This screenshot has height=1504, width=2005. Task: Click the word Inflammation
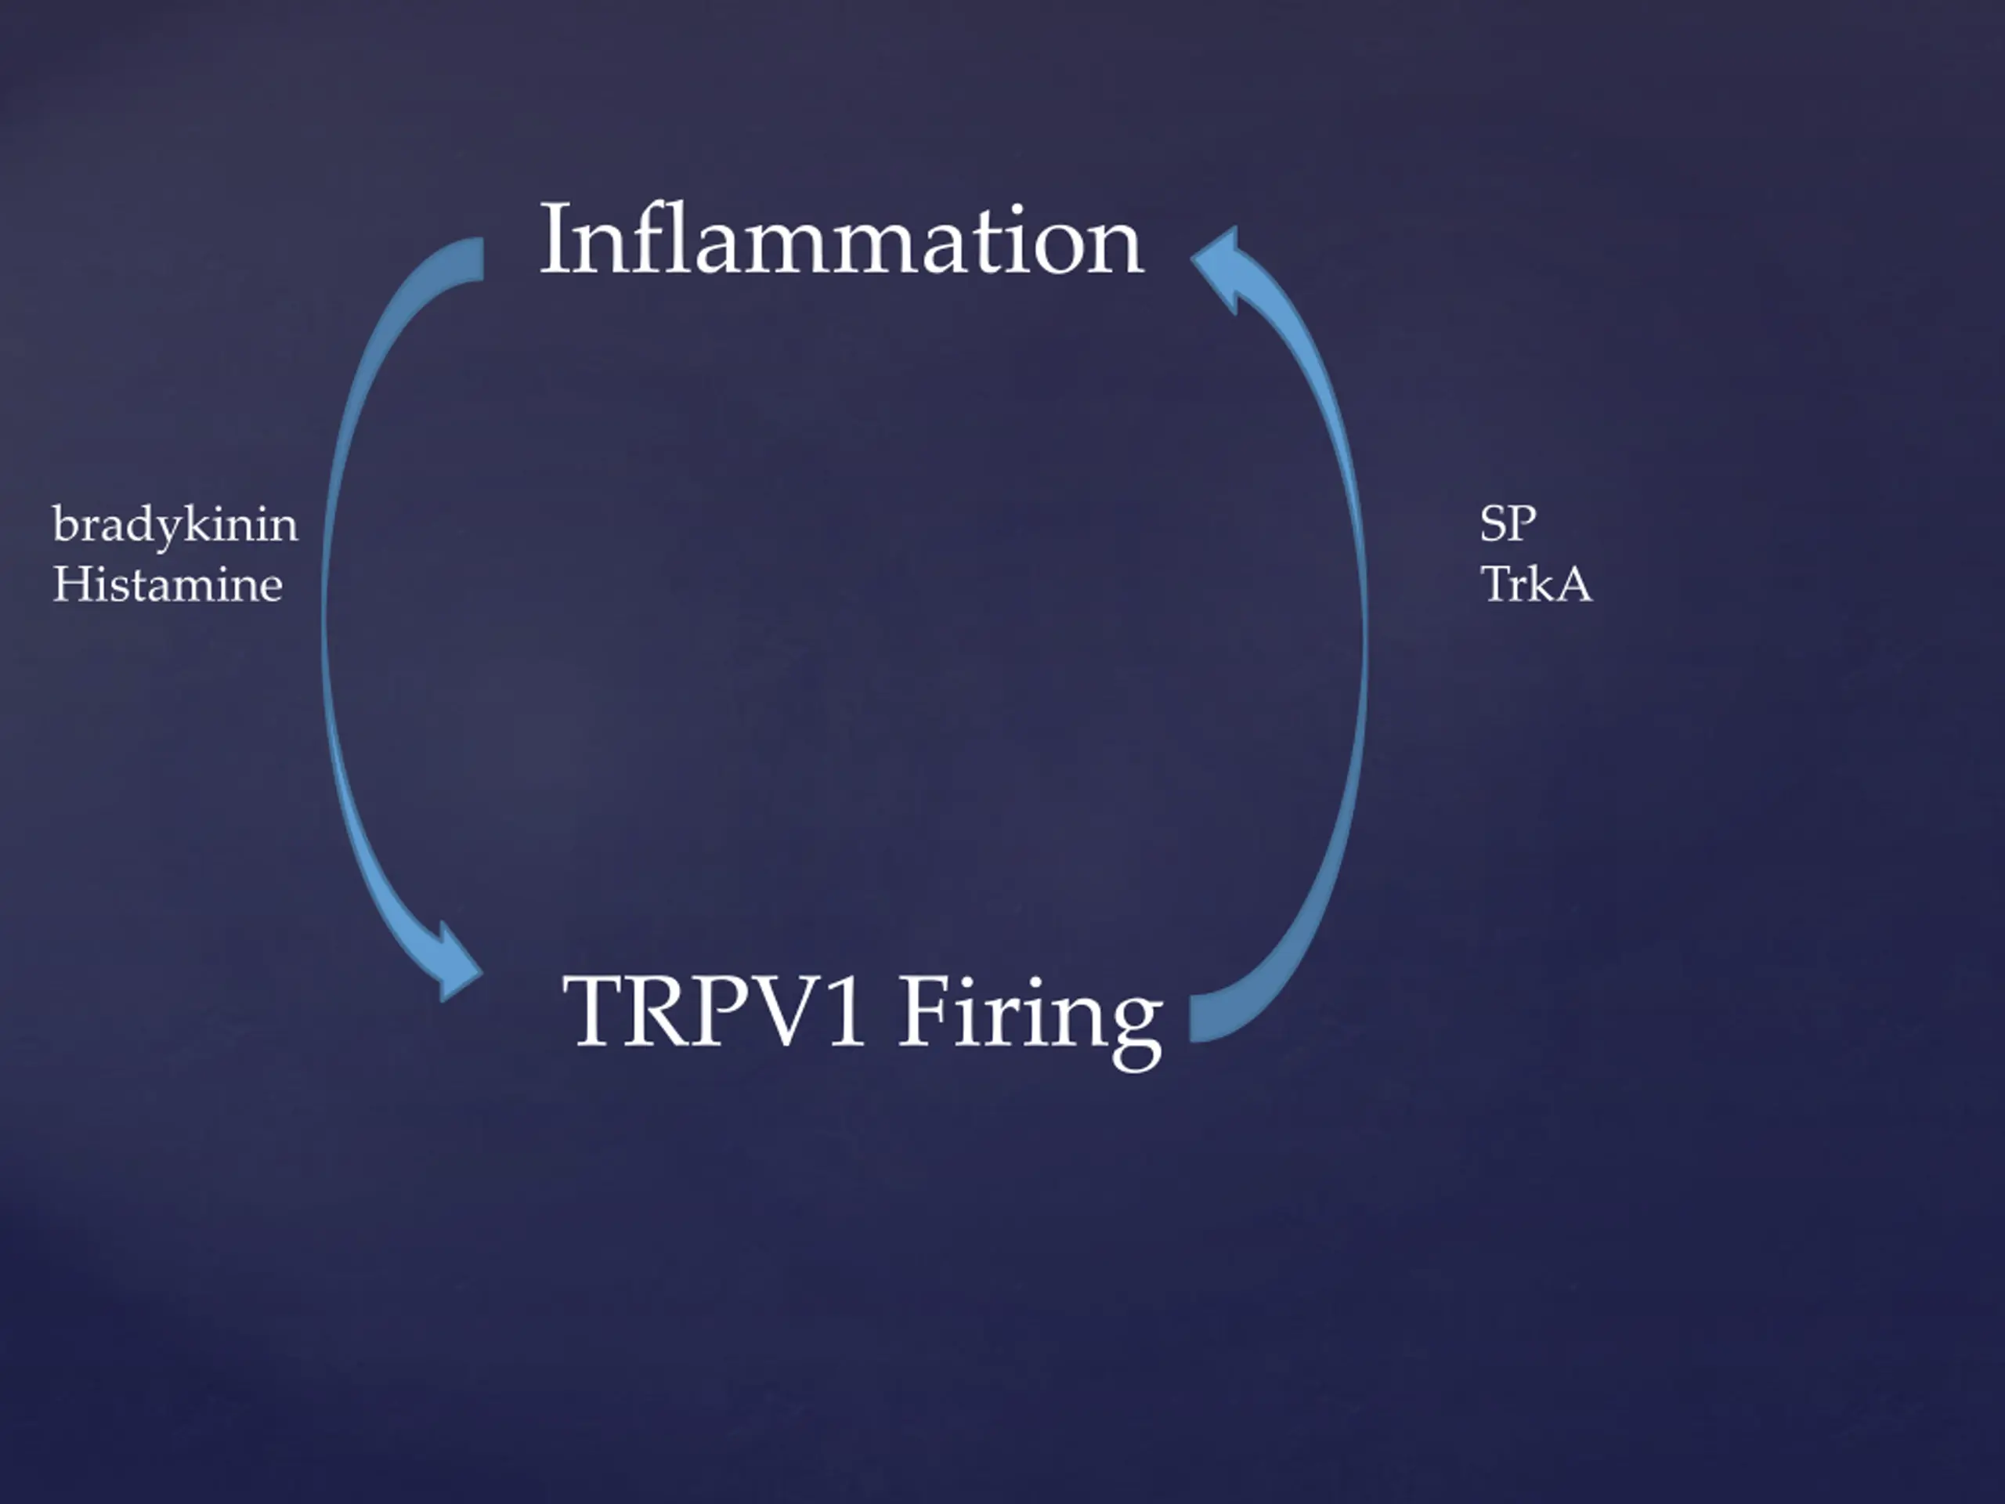tap(841, 240)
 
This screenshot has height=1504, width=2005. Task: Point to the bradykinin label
tap(175, 526)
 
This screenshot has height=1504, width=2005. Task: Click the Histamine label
tap(168, 584)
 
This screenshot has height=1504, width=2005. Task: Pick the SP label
tap(1508, 524)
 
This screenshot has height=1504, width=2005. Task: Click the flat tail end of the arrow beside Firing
tap(1200, 1018)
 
